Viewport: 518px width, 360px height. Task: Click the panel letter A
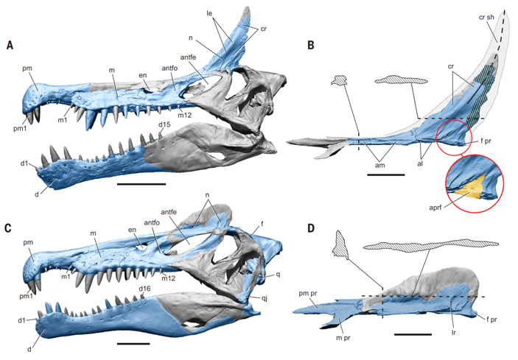click(x=10, y=46)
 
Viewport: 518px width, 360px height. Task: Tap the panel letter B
click(x=311, y=46)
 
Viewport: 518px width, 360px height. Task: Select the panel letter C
click(x=10, y=227)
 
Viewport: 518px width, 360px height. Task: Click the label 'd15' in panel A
click(x=167, y=125)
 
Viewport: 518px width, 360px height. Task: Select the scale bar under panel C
click(x=127, y=342)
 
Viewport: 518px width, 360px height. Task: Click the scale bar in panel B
click(x=385, y=175)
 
